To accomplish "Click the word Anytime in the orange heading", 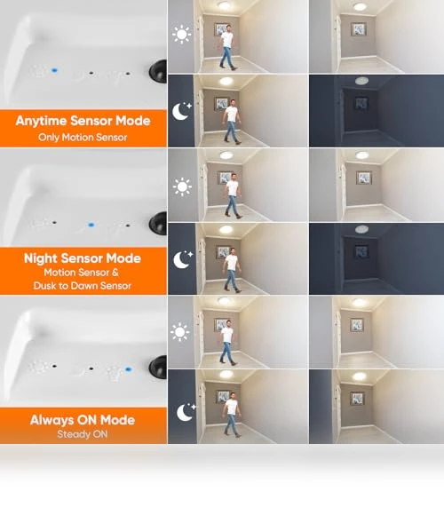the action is (41, 121).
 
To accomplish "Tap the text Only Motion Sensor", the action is (83, 138).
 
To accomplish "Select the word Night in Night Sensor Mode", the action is (41, 258).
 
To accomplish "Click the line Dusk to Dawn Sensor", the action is (83, 286).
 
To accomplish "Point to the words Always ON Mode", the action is (83, 420).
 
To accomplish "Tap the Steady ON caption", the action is (83, 434).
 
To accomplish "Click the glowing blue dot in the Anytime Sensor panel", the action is (54, 70).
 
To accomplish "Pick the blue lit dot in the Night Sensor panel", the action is (91, 225).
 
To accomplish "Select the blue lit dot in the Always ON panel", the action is (129, 369).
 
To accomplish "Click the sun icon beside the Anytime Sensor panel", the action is (182, 34).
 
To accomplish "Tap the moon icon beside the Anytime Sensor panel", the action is (181, 111).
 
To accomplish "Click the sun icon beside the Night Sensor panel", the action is (182, 186).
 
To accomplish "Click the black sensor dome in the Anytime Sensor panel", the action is (158, 71).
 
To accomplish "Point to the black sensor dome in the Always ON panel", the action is (158, 368).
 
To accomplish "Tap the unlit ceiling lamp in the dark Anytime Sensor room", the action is (361, 81).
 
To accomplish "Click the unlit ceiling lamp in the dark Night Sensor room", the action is (361, 229).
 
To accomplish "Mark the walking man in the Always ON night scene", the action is (232, 415).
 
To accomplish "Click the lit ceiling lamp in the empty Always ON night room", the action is (359, 376).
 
